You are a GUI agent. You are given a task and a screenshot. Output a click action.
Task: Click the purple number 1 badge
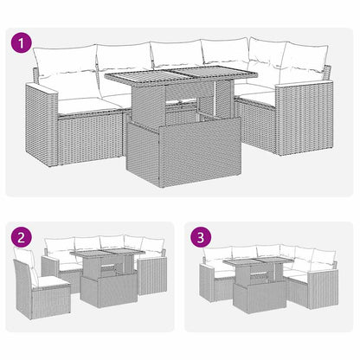[x=21, y=42]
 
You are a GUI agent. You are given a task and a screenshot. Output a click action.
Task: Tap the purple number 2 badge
[x=21, y=236]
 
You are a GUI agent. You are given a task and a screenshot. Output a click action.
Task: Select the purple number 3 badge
[x=202, y=236]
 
